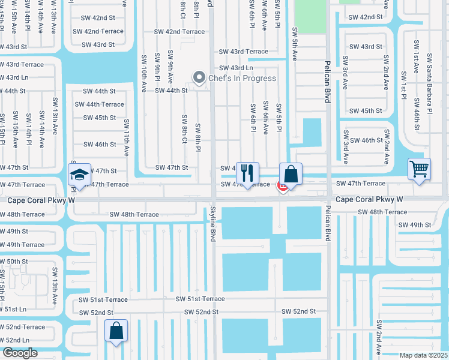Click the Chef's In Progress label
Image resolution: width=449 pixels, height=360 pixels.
(242, 78)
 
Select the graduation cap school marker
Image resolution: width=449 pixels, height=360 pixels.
(79, 175)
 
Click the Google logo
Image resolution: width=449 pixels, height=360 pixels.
(20, 353)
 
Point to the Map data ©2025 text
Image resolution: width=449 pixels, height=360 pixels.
(423, 355)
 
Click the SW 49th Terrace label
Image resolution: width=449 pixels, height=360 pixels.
(22, 245)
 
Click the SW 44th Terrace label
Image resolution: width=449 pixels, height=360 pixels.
(100, 104)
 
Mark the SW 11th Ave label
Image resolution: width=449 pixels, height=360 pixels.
(127, 138)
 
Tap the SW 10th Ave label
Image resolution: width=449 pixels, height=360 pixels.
(144, 73)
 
